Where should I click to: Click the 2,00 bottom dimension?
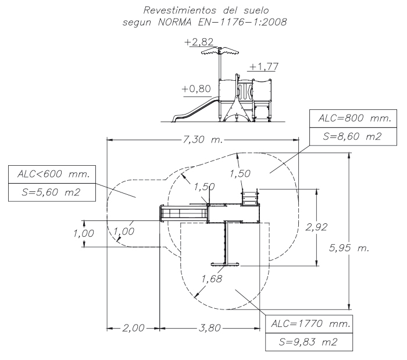pos(133,329)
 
